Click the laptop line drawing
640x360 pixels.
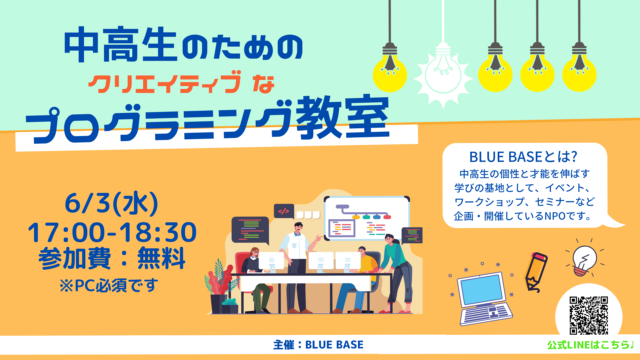click(x=486, y=297)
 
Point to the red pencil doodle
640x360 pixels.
click(x=535, y=269)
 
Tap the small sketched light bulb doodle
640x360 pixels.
click(x=582, y=263)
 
